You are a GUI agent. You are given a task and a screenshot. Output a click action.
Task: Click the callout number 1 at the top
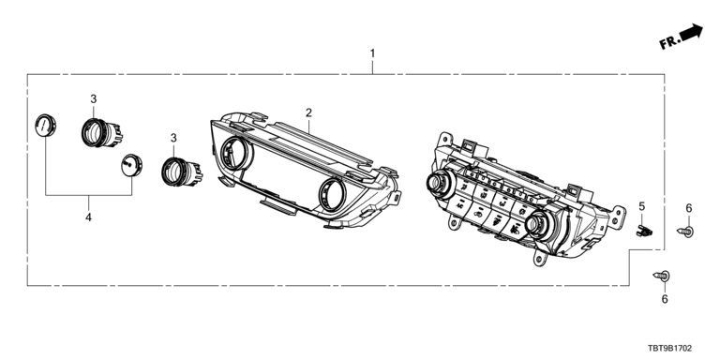(372, 53)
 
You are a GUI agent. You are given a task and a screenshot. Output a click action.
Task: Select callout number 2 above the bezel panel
(309, 112)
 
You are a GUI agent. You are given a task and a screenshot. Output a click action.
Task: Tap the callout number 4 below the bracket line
(88, 217)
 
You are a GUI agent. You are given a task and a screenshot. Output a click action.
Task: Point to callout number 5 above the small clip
(642, 206)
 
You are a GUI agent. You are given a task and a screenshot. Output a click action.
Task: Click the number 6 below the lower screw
(665, 299)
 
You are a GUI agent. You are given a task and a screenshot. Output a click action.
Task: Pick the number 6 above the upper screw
(688, 208)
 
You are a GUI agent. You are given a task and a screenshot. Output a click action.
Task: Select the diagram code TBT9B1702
(670, 349)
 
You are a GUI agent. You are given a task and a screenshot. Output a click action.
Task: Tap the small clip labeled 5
(644, 231)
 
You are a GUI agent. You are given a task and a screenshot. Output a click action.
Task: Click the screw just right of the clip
(685, 232)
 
